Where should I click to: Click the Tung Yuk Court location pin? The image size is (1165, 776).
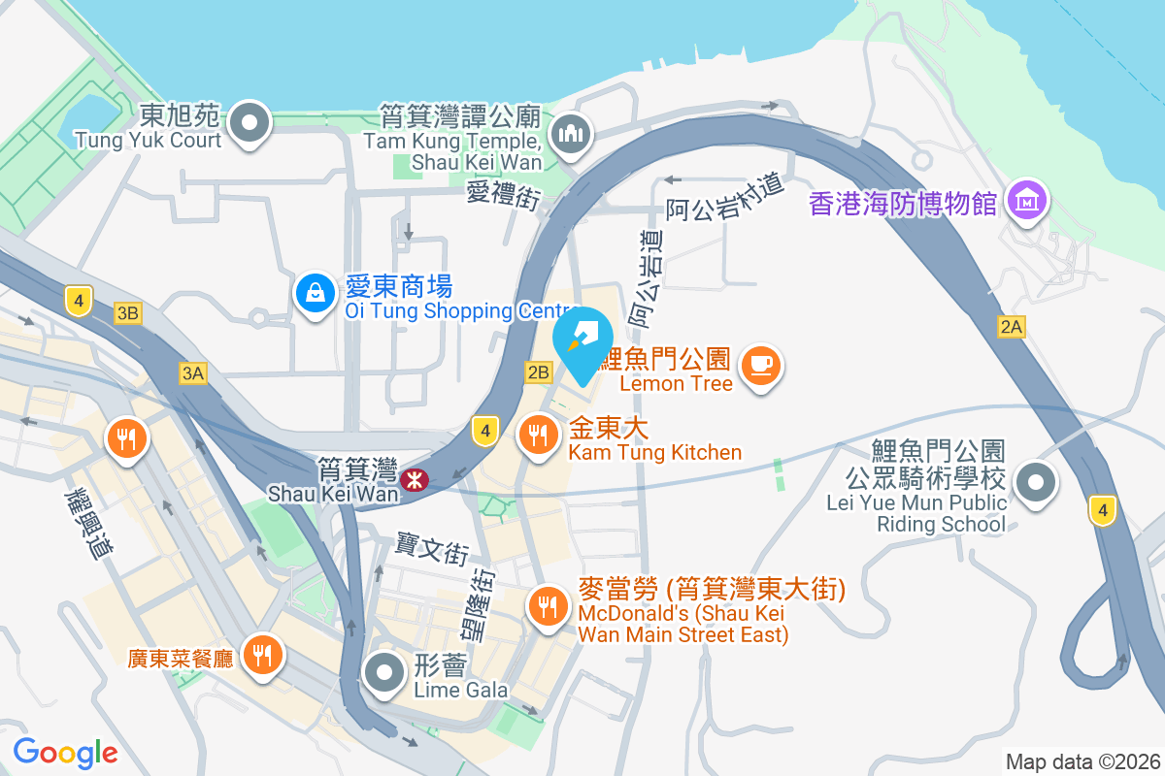tap(251, 123)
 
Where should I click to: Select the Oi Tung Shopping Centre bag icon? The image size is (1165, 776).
tap(316, 292)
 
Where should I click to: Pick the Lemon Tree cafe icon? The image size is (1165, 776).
tap(760, 366)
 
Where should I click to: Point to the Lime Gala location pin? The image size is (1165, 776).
tap(385, 672)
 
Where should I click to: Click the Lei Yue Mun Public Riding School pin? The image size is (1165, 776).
tap(1036, 481)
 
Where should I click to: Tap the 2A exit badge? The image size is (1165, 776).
tap(1011, 328)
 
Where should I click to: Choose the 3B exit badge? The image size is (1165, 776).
tap(127, 312)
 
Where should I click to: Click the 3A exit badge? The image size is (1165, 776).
tap(192, 373)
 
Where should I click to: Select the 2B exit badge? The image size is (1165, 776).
tap(538, 372)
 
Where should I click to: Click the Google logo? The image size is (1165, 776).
tap(65, 752)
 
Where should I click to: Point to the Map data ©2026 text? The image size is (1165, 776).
tap(1082, 761)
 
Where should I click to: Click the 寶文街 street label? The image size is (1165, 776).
tap(432, 549)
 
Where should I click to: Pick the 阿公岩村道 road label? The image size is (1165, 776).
tap(724, 197)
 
